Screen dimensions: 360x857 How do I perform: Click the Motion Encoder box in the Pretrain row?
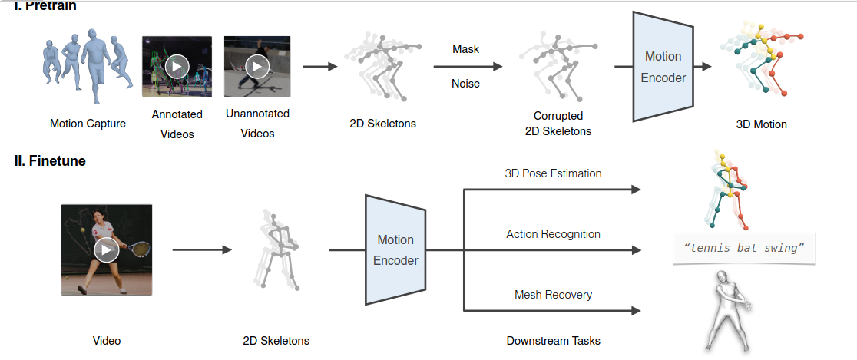(663, 67)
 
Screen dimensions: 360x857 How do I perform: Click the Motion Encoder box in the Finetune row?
(395, 250)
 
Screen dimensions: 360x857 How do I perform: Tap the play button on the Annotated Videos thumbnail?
(177, 67)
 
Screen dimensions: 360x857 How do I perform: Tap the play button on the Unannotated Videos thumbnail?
(256, 67)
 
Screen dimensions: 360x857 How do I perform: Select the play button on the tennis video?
(106, 249)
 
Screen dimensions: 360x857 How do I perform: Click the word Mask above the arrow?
(465, 49)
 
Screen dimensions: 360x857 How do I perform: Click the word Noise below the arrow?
(465, 83)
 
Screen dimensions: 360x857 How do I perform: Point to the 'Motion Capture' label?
(88, 124)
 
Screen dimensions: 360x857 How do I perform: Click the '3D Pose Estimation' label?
(553, 173)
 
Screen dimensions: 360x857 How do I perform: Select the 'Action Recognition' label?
(553, 233)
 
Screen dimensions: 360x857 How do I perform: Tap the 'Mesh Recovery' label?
(553, 294)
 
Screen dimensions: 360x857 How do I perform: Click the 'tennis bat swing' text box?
(743, 249)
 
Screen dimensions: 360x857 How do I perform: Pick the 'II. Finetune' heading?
(50, 161)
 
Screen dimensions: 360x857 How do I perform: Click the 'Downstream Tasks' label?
(553, 340)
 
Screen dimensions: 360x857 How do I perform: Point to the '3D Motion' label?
(760, 124)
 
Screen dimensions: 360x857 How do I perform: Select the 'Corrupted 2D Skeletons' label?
(558, 124)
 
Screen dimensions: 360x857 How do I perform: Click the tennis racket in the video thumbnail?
(139, 249)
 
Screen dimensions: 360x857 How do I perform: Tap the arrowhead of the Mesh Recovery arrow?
(636, 311)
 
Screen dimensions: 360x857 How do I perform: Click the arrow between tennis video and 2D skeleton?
(201, 249)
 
